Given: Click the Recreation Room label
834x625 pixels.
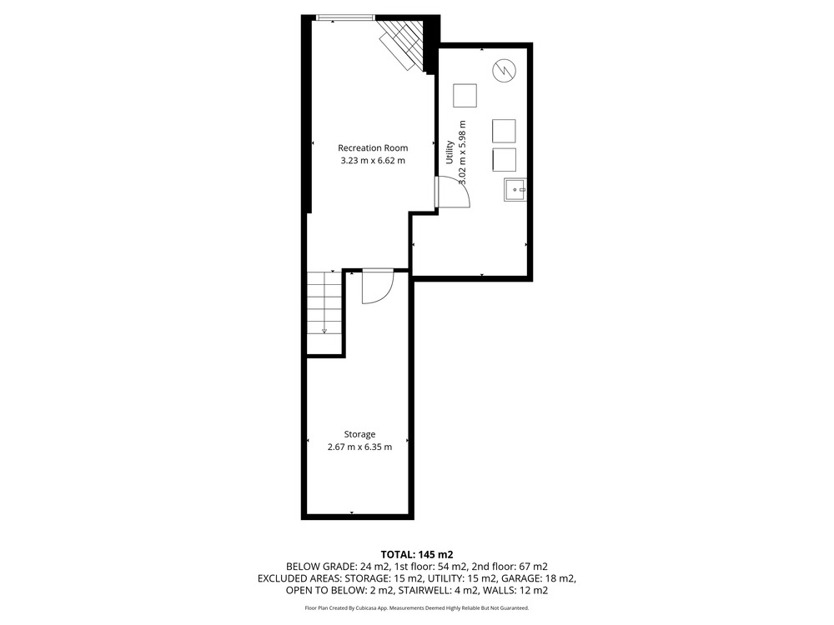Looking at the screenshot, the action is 373,147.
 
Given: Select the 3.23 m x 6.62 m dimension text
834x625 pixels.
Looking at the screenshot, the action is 373,161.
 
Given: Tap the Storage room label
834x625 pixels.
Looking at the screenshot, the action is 359,434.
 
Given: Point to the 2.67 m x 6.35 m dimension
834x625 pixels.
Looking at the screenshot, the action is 359,447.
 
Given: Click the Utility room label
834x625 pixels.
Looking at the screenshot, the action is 450,152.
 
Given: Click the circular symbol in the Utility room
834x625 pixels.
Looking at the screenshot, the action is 505,70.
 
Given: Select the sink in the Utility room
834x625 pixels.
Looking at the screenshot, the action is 515,190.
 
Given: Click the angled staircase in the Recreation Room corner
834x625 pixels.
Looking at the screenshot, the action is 402,44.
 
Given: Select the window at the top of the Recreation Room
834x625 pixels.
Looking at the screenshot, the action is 346,17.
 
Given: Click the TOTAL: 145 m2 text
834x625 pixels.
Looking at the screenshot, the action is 417,555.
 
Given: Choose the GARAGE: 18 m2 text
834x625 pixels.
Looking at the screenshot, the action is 536,578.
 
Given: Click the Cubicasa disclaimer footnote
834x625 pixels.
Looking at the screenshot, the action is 417,608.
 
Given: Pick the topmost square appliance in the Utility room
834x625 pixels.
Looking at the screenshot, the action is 465,96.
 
